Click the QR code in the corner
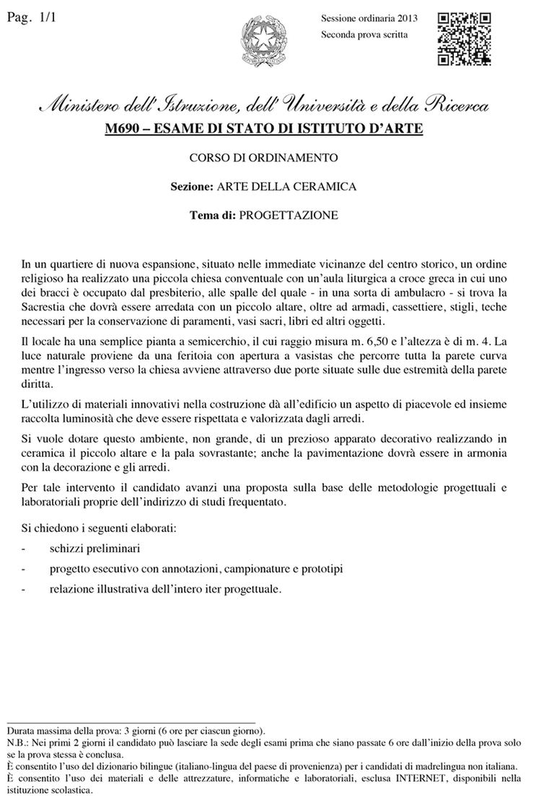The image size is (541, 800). click(465, 39)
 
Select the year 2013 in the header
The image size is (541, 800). click(413, 18)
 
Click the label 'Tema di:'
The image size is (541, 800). click(211, 215)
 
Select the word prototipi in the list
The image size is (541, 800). click(320, 569)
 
